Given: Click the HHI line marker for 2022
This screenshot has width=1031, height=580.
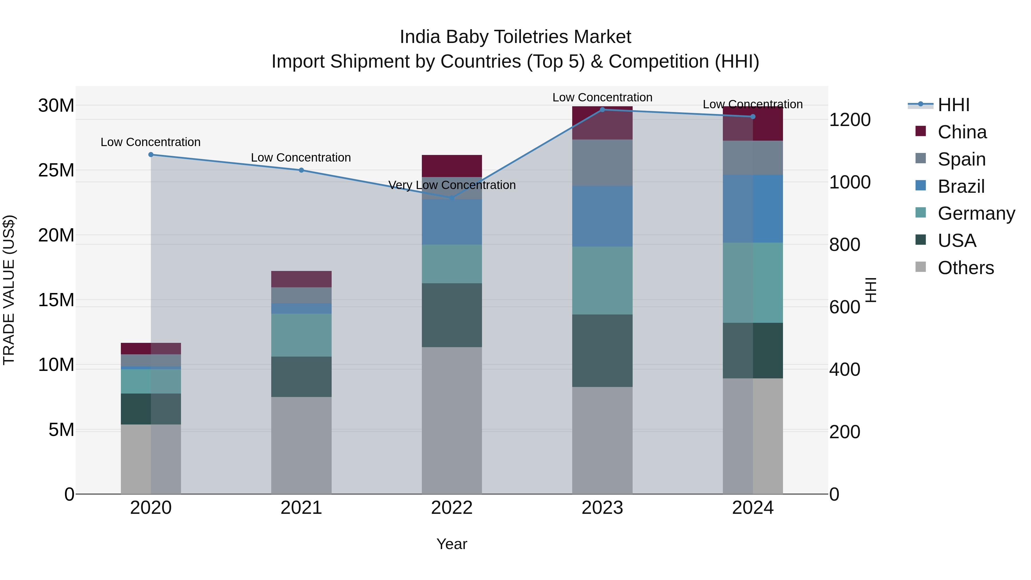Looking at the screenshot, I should pyautogui.click(x=452, y=198).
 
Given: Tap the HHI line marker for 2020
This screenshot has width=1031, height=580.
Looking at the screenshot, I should pyautogui.click(x=151, y=154).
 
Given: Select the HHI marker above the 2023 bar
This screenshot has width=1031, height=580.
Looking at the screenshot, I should pyautogui.click(x=602, y=109).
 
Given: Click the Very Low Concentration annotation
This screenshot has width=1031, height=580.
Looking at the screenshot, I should pyautogui.click(x=452, y=185).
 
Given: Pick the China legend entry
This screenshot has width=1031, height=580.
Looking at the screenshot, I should pyautogui.click(x=962, y=132).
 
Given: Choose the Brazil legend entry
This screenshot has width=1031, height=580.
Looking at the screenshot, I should pyautogui.click(x=961, y=186).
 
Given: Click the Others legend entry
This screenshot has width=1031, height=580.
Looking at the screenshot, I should pyautogui.click(x=965, y=268).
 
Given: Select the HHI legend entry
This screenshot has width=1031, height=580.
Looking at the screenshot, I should pyautogui.click(x=953, y=105).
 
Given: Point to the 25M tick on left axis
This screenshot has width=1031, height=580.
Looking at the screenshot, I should pyautogui.click(x=56, y=170).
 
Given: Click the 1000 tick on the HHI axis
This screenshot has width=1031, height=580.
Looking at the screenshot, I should pyautogui.click(x=850, y=182).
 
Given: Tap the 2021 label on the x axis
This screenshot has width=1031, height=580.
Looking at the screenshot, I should pyautogui.click(x=301, y=508).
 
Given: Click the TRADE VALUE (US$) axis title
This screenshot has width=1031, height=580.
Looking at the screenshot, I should pyautogui.click(x=9, y=290).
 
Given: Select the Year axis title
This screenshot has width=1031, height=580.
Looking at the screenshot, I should pyautogui.click(x=452, y=544).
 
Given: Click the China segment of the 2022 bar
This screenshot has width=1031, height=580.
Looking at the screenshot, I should pyautogui.click(x=452, y=166).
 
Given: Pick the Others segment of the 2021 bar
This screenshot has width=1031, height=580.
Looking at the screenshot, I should pyautogui.click(x=301, y=445).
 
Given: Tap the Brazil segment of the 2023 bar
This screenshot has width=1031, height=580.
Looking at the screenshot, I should pyautogui.click(x=602, y=216).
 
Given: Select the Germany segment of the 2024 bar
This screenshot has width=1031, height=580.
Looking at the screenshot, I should pyautogui.click(x=753, y=283).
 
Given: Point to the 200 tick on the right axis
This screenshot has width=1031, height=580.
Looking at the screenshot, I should pyautogui.click(x=845, y=432).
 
